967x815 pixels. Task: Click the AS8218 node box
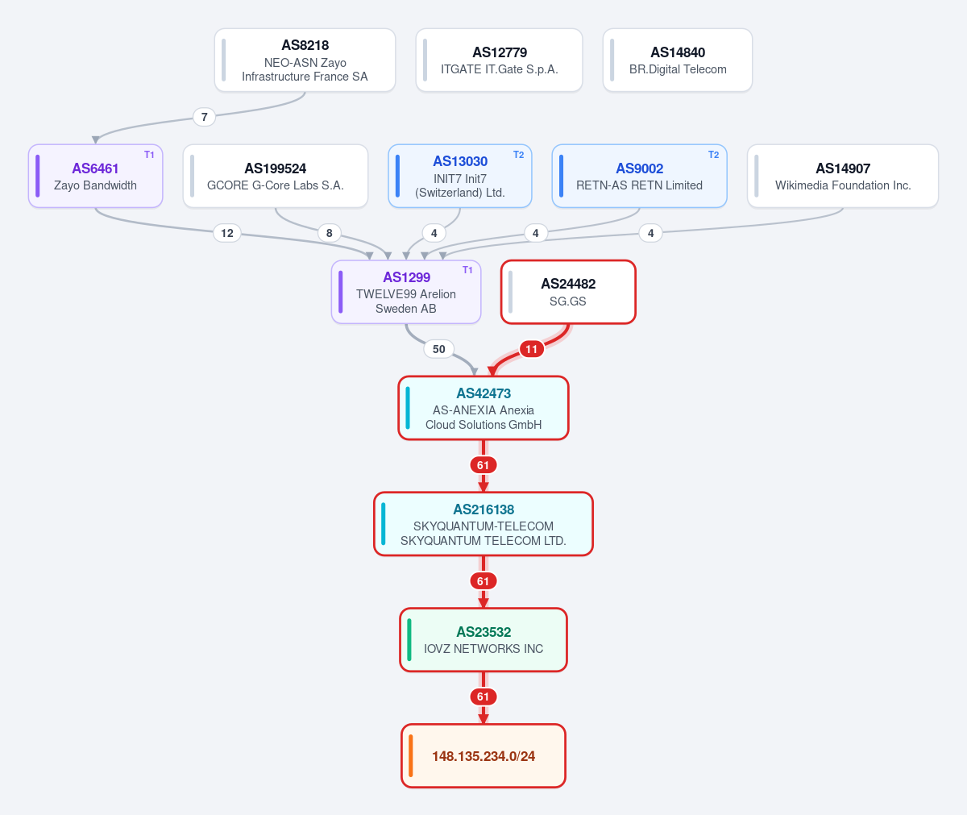tap(305, 60)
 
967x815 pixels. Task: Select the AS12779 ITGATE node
tap(499, 60)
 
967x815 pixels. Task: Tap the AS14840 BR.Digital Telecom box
tap(678, 60)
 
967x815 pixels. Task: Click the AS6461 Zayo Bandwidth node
tap(95, 176)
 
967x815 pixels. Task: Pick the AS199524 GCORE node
tap(276, 176)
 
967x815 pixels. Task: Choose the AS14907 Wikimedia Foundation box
tap(843, 176)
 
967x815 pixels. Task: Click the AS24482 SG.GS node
tap(568, 292)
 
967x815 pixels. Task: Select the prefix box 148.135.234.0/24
tap(483, 755)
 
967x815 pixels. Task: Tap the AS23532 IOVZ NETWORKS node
tap(483, 640)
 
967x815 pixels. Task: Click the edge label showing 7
tap(204, 117)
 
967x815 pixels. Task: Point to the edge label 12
tap(227, 233)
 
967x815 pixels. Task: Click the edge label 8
tap(330, 233)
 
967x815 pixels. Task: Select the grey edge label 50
tap(439, 349)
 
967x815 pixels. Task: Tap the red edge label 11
tap(532, 349)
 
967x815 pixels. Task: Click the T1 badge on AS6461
tap(149, 155)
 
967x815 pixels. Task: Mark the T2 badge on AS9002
tap(714, 155)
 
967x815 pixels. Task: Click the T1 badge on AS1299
tap(467, 270)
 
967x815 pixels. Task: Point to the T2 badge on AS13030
tap(519, 155)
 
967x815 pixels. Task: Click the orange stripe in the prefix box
tap(411, 755)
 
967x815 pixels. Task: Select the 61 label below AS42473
tap(483, 464)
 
